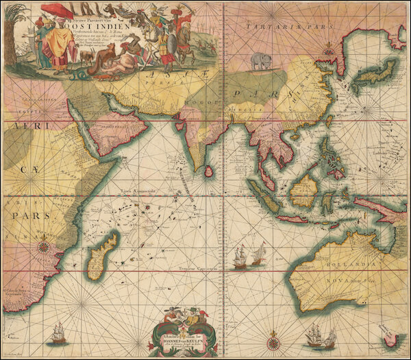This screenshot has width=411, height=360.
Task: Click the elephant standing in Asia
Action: pos(261,62)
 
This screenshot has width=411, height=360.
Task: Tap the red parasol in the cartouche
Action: pos(58,10)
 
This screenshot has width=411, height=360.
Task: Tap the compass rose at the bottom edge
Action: pos(273,341)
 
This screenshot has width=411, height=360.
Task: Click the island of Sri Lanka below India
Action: pos(208,166)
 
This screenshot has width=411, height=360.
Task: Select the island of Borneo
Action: pos(303,190)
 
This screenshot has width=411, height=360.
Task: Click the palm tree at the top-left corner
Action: pos(9,34)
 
